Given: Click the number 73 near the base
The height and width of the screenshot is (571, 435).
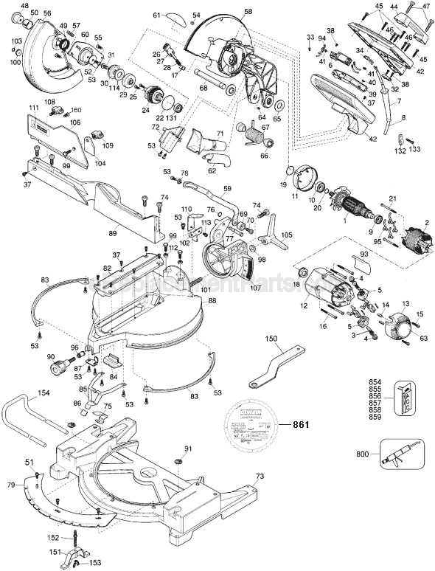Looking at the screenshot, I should coord(259,477).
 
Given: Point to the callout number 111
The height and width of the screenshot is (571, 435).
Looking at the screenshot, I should coord(32,108).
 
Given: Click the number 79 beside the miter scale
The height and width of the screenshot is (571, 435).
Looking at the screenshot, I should coord(10,485).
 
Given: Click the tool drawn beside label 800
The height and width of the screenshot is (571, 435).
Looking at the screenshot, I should coord(403,451).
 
